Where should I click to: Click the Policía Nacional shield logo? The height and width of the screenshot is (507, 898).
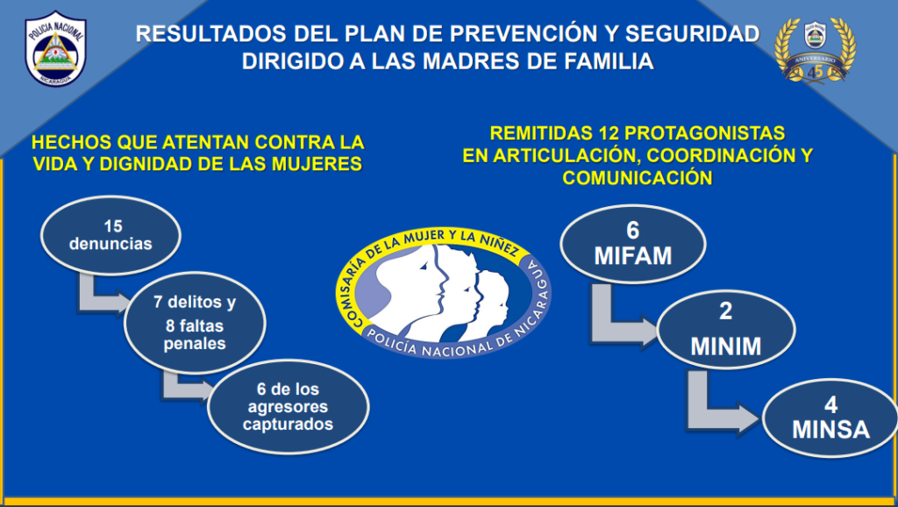click(55, 49)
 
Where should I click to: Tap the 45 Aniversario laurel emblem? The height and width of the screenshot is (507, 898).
click(815, 50)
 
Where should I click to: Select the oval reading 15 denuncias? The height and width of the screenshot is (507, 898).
click(110, 235)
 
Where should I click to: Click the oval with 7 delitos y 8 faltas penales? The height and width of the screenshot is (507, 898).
click(195, 323)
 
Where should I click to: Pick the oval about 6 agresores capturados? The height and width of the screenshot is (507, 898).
click(288, 407)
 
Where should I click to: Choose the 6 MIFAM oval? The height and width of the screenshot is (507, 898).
click(633, 244)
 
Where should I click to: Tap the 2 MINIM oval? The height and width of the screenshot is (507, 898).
click(725, 329)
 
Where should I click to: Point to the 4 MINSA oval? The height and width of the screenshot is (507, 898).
click(830, 418)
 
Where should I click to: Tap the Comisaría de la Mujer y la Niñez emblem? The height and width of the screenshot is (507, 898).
click(443, 293)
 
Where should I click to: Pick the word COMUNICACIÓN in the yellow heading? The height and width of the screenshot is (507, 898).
click(637, 177)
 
